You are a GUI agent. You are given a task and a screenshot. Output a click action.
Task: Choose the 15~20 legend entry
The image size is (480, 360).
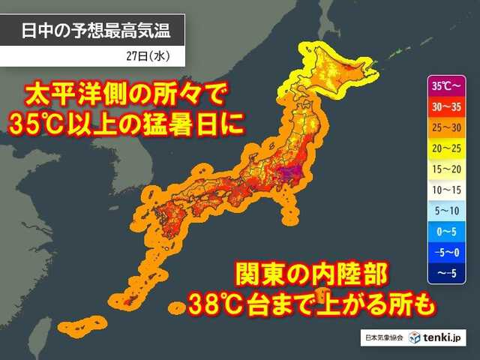click(442, 169)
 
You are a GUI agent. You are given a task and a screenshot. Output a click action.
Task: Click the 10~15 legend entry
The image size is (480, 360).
click(442, 190)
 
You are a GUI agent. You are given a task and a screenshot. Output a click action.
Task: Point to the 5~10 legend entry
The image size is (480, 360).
click(442, 212)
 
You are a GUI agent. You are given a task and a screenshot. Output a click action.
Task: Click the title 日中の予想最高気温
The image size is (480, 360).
click(91, 31)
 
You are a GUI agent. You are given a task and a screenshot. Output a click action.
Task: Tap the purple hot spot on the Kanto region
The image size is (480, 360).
click(288, 175)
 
